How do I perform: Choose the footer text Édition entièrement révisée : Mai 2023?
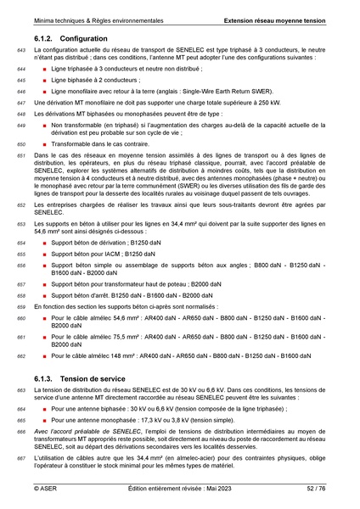(179, 489)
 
